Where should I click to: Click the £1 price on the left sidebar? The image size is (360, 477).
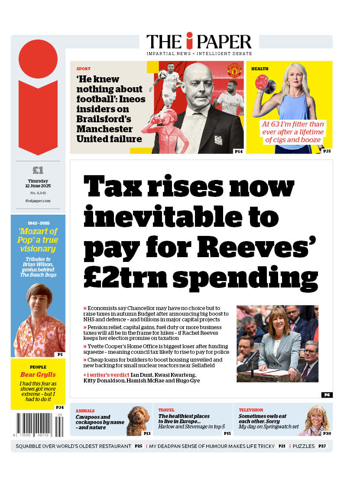click(x=38, y=170)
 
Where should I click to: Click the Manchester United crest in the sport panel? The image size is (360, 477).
click(x=234, y=70)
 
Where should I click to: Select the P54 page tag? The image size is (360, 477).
click(x=238, y=151)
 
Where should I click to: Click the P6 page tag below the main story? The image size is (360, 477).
click(x=327, y=395)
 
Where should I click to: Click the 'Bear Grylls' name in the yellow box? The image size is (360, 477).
click(x=38, y=375)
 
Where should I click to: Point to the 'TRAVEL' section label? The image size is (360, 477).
click(x=166, y=410)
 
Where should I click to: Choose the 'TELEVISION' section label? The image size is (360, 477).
click(x=251, y=410)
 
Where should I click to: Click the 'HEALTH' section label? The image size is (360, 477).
click(x=260, y=69)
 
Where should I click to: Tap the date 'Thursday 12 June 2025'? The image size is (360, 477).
click(x=38, y=183)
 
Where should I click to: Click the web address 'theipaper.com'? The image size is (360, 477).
click(x=38, y=201)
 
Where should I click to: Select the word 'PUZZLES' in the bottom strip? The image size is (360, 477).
click(x=304, y=446)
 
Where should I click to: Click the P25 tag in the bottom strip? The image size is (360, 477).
click(x=139, y=446)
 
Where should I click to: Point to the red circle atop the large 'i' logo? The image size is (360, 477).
click(x=38, y=59)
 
